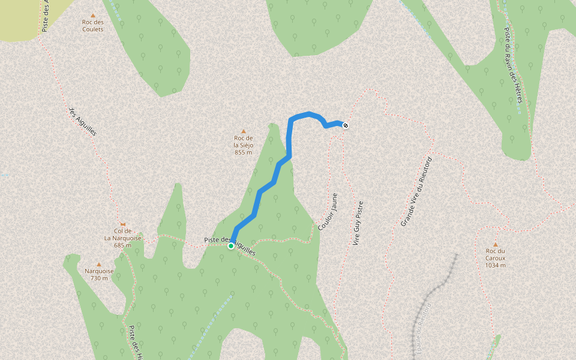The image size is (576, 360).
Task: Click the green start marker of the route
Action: point(231,246)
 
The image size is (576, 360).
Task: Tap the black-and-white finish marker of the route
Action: point(346,125)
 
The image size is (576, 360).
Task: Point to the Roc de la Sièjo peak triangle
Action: point(244,131)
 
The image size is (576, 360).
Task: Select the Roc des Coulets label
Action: point(93,26)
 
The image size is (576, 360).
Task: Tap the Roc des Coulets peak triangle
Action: point(92,16)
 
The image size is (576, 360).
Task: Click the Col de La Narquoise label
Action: point(122,234)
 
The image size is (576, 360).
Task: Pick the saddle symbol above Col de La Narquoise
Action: point(122,224)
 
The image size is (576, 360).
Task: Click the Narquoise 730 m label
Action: point(100,274)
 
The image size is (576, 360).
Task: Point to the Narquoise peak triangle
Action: point(99,264)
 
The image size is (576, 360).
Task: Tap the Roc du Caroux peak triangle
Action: point(496,244)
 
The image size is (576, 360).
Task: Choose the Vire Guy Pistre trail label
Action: point(358,223)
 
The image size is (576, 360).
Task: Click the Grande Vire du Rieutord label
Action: point(416,192)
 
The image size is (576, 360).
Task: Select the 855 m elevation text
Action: point(243,152)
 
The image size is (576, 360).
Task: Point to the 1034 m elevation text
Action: point(496,265)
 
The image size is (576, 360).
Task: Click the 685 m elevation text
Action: point(122,245)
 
